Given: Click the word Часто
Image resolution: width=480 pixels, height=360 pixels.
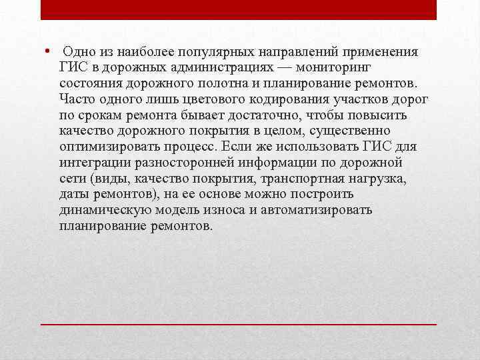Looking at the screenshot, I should pyautogui.click(x=77, y=100).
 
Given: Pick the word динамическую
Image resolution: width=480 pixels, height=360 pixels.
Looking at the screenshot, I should pyautogui.click(x=106, y=211).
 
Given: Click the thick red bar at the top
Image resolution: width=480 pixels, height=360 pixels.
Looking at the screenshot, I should pyautogui.click(x=239, y=9).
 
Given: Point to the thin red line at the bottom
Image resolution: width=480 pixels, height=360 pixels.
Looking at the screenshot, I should pyautogui.click(x=239, y=323).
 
